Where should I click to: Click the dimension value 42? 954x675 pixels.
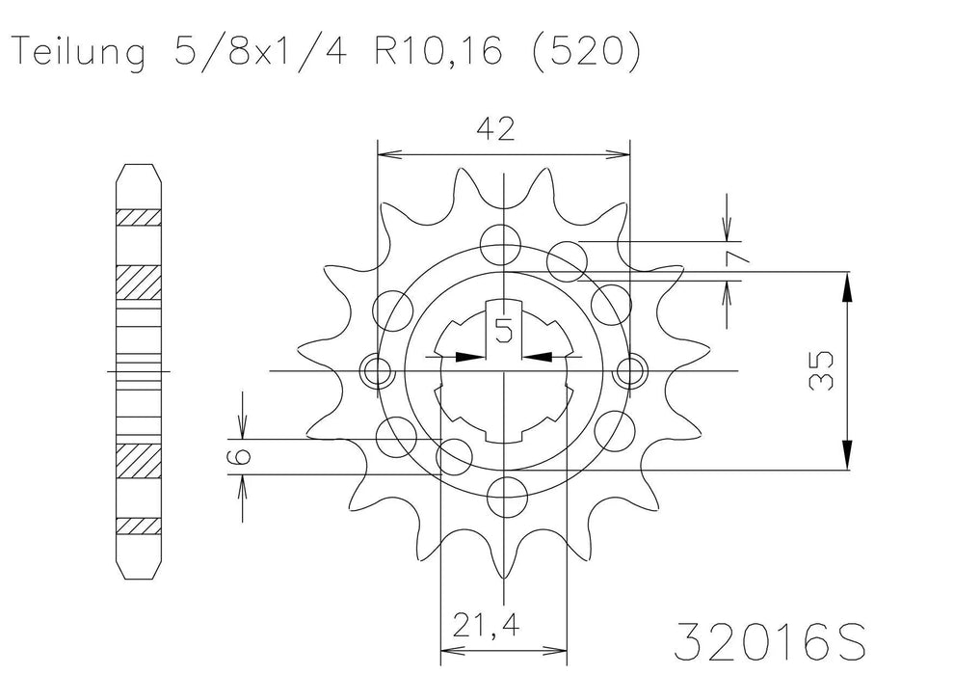[502, 129]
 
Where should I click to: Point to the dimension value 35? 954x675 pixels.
[822, 370]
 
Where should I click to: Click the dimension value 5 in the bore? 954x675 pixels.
[503, 331]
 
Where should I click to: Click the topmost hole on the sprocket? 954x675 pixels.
[503, 240]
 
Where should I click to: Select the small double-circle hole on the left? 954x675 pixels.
[375, 370]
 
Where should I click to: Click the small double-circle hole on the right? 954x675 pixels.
[632, 370]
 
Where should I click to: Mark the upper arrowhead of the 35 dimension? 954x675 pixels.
[847, 285]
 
